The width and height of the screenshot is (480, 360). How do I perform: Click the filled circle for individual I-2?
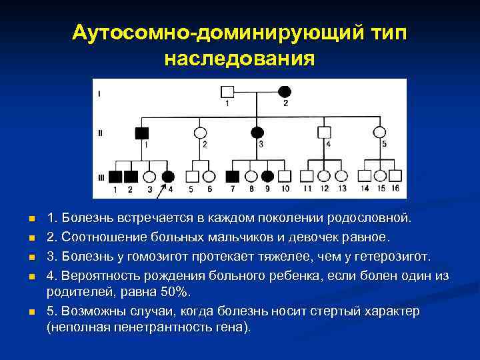285,91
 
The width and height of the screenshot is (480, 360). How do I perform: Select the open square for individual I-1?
228,91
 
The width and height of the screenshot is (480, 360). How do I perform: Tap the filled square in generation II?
142,133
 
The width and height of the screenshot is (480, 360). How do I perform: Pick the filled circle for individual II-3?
257,132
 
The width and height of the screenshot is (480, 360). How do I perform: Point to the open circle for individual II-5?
380,132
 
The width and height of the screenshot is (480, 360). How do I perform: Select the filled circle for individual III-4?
169,177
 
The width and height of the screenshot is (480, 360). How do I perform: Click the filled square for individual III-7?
233,177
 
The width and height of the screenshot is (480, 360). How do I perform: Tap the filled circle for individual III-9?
268,177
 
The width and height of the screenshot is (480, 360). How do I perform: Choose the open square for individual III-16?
395,177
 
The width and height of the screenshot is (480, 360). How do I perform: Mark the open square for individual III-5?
193,177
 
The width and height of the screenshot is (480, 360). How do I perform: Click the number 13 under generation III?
342,189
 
